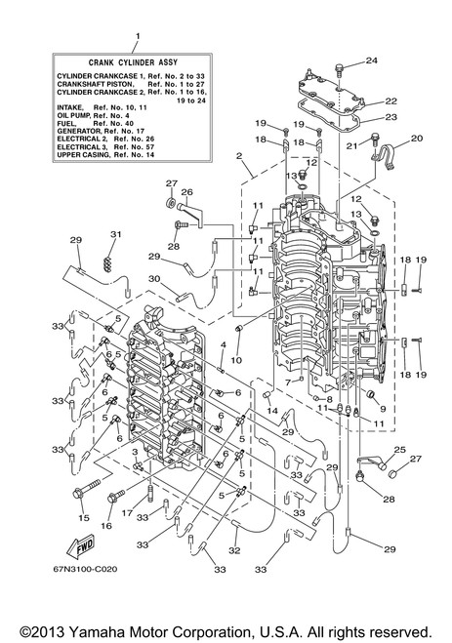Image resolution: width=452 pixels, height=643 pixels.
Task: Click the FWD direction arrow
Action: pos(81,547)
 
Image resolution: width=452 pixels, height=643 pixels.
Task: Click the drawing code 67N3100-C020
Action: pos(85,569)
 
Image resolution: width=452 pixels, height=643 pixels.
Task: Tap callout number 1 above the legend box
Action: pos(138,36)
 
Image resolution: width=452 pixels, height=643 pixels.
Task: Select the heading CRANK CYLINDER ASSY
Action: pos(133,62)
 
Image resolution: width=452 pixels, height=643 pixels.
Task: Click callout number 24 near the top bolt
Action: pos(371,60)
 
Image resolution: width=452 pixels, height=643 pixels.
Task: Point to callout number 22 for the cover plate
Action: pos(390,100)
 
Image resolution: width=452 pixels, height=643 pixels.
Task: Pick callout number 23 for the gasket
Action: pos(390,117)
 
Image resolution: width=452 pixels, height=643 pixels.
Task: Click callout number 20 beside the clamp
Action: pos(416,139)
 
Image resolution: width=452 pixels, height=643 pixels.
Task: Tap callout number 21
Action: pos(351,145)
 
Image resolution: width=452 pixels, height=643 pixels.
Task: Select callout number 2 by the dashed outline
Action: pos(239,156)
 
